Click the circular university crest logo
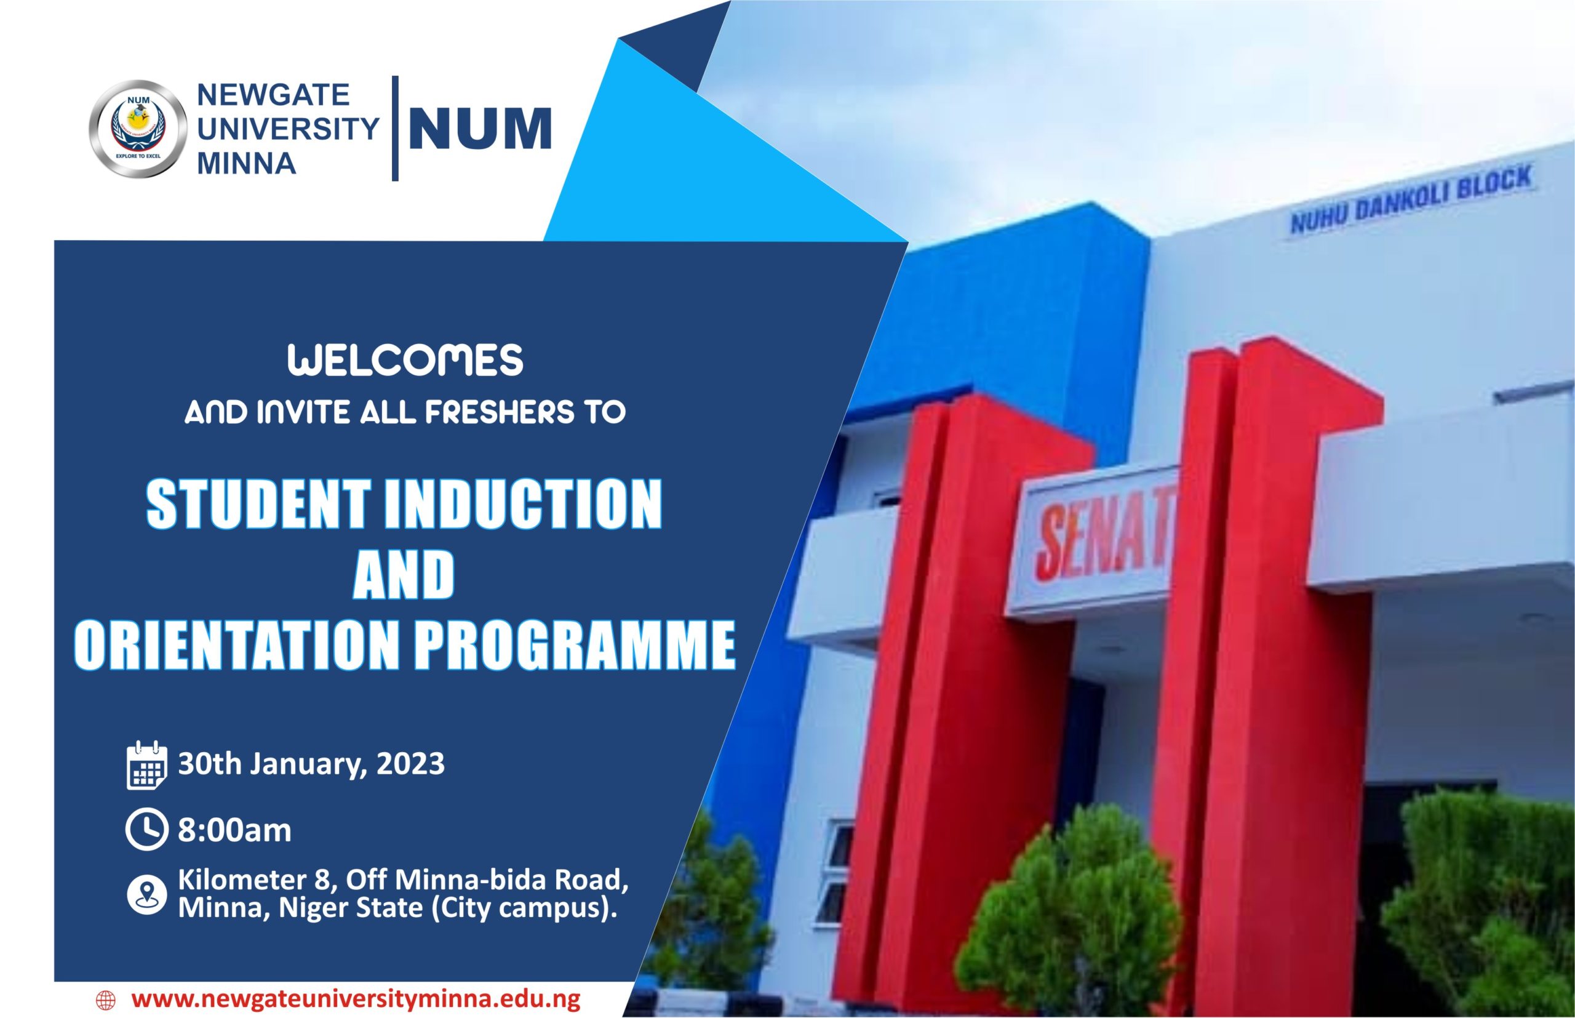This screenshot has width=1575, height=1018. pos(138,129)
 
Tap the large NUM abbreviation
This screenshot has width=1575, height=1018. pos(480,129)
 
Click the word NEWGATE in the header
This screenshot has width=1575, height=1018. pos(273,95)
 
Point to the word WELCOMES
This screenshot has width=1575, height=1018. pos(405,361)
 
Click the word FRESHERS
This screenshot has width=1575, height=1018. pos(500,413)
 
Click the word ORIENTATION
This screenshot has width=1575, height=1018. pos(234,644)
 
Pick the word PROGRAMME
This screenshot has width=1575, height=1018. pos(575,644)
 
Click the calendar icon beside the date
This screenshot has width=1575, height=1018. pos(146,765)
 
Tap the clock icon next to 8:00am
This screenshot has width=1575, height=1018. pos(146,830)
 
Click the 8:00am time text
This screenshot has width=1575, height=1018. pos(234,831)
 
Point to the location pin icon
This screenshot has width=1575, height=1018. pos(146,895)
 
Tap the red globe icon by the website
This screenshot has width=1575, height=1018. pos(106,999)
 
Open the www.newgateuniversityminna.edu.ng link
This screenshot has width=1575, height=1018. pos(356,998)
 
